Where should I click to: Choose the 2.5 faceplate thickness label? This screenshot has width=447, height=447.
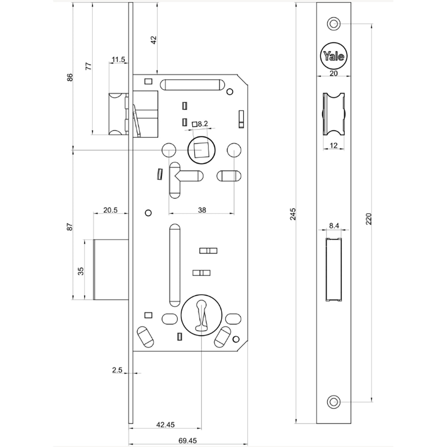tap(118, 370)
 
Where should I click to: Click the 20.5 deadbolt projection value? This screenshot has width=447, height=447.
tap(110, 210)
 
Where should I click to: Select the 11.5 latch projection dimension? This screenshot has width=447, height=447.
tap(118, 59)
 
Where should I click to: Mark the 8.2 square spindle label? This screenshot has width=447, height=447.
tap(202, 124)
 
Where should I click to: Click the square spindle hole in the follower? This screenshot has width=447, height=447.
tap(202, 150)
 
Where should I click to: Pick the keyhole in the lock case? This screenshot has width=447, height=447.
tap(202, 313)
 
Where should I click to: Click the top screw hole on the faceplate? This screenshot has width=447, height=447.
tap(333, 23)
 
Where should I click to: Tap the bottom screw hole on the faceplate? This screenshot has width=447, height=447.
tap(333, 401)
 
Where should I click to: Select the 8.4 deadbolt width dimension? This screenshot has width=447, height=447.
tap(333, 227)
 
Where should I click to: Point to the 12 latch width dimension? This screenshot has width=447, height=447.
tap(333, 145)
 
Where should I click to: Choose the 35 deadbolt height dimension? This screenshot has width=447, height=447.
tap(80, 271)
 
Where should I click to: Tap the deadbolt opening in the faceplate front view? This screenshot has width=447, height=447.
tap(333, 271)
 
